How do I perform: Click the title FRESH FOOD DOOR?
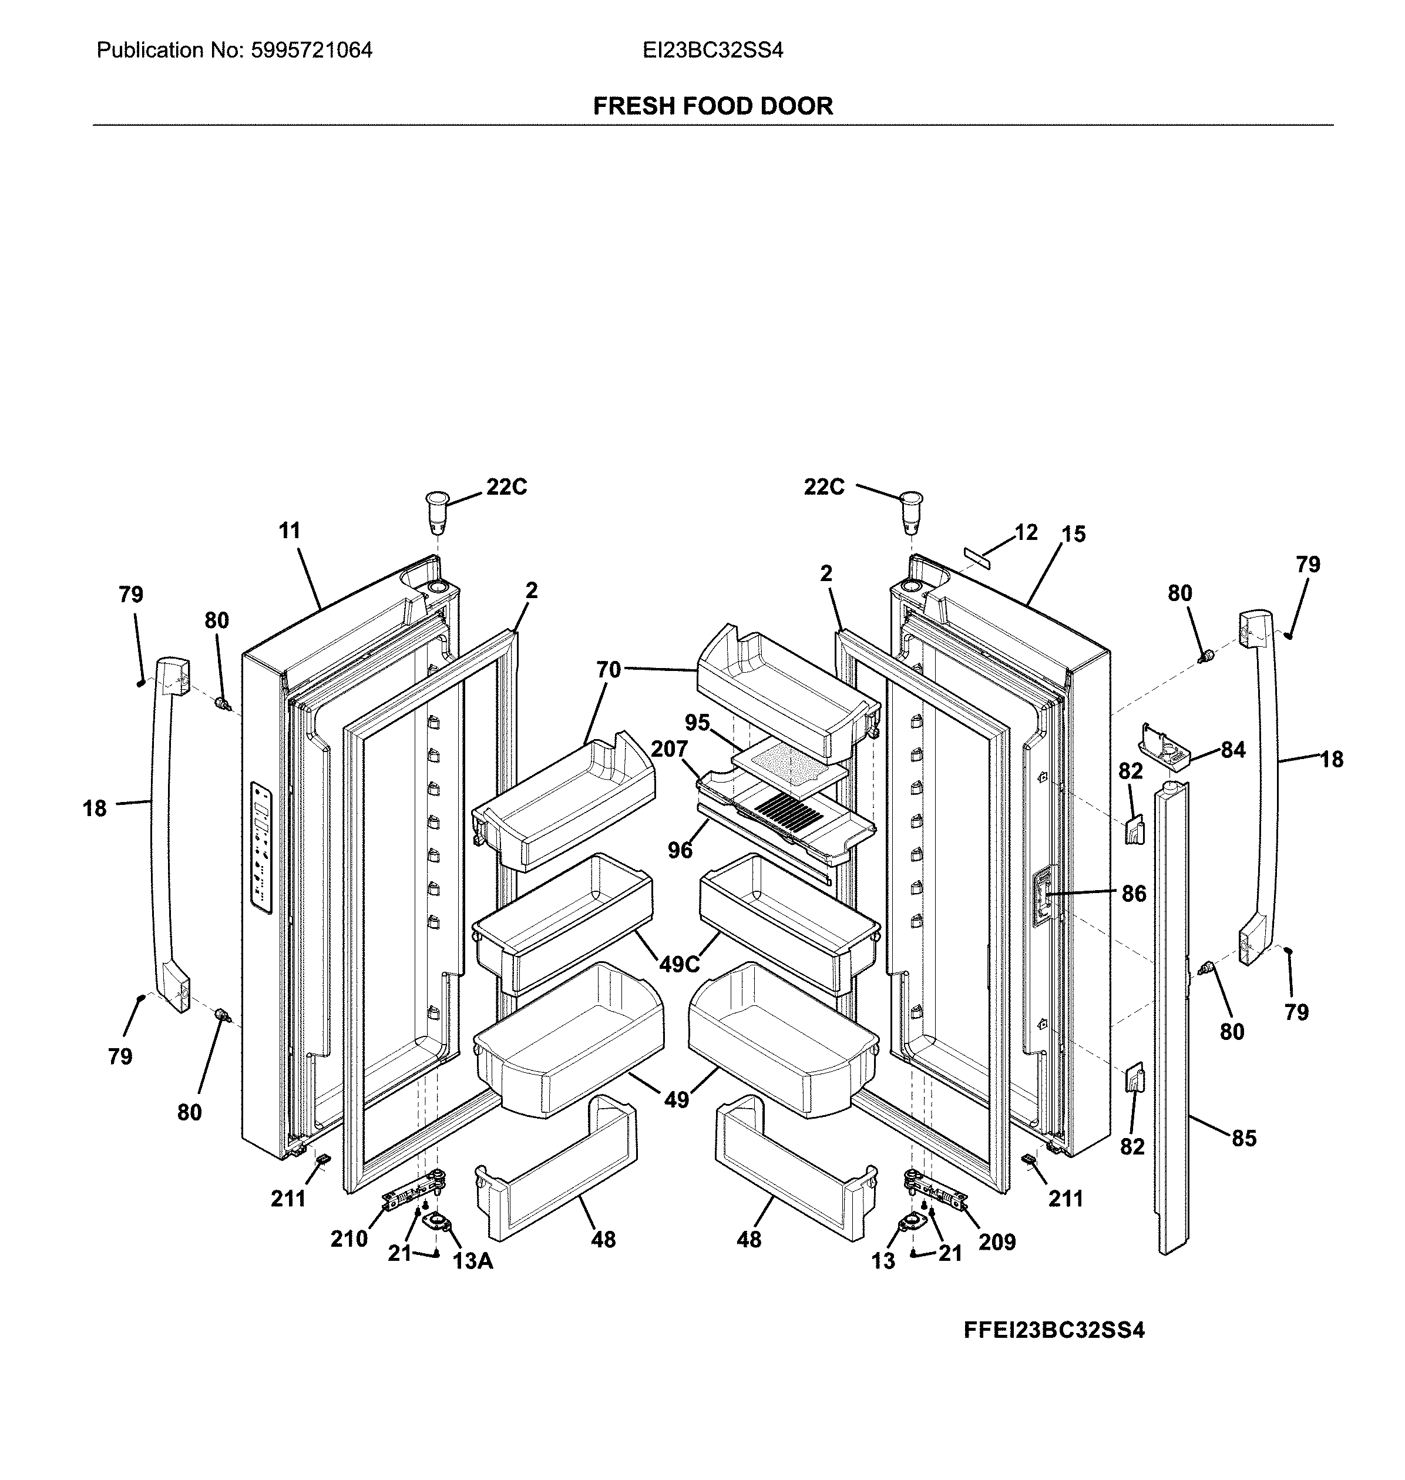pos(712,106)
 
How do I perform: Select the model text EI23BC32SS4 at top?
pos(712,50)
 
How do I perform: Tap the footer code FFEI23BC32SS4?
pos(1054,1331)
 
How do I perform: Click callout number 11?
pos(289,531)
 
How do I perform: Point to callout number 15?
pos(1073,535)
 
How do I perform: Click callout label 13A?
pos(473,1261)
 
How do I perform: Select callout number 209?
pos(997,1243)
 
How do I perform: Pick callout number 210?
pos(349,1239)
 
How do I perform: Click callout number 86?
pos(1133,894)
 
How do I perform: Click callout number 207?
pos(669,749)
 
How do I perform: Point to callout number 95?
pos(697,723)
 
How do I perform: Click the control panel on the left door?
pos(261,848)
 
